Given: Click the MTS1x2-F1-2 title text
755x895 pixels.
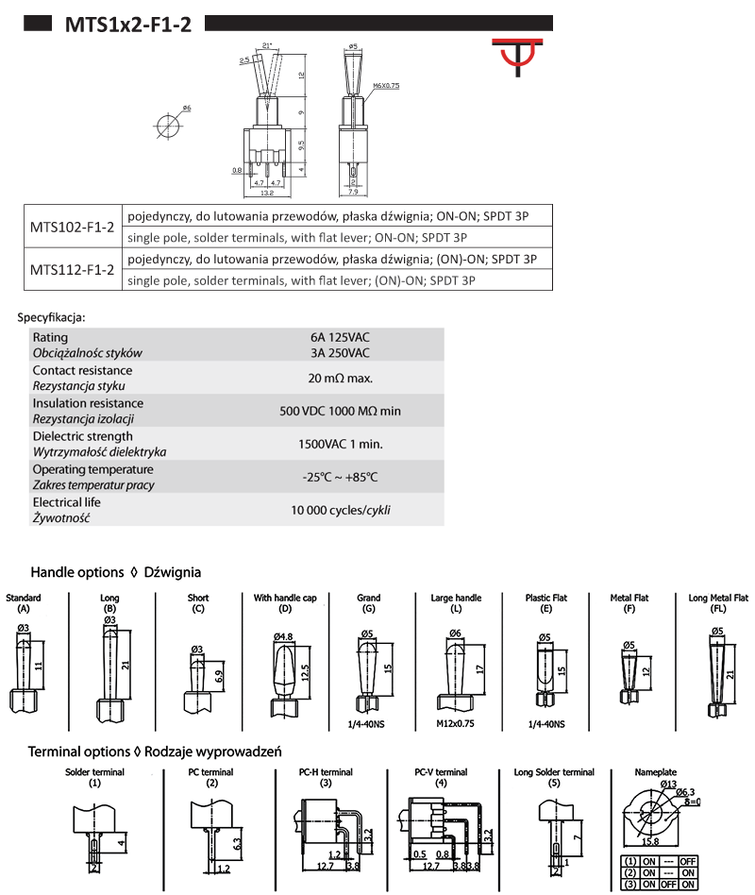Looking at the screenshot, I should click(x=127, y=25).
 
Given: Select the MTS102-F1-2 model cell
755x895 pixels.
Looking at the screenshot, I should click(x=72, y=226).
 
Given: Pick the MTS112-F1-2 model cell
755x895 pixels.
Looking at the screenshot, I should click(x=72, y=269).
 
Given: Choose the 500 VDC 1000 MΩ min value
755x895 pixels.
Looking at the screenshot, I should click(x=340, y=411).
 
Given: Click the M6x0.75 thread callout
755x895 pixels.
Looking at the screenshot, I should click(x=387, y=85).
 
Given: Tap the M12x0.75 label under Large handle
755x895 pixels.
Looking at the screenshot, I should click(x=456, y=724).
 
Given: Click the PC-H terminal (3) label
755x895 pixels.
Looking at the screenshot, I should click(x=324, y=777).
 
